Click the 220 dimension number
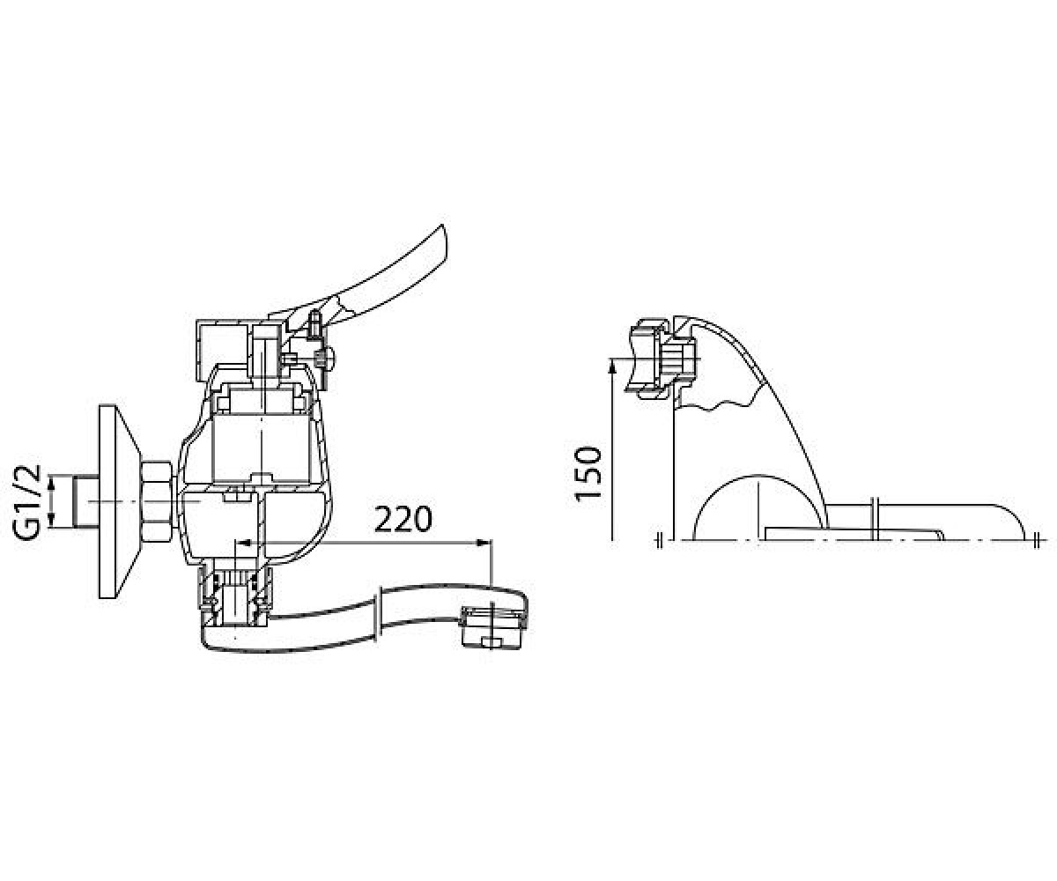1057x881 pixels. [x=403, y=519]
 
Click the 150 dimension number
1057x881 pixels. [x=588, y=473]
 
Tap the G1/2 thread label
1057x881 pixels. [x=26, y=502]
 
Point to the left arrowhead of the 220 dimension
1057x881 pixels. [x=245, y=543]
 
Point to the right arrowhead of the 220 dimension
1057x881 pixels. [x=484, y=543]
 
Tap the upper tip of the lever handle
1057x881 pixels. [x=442, y=226]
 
